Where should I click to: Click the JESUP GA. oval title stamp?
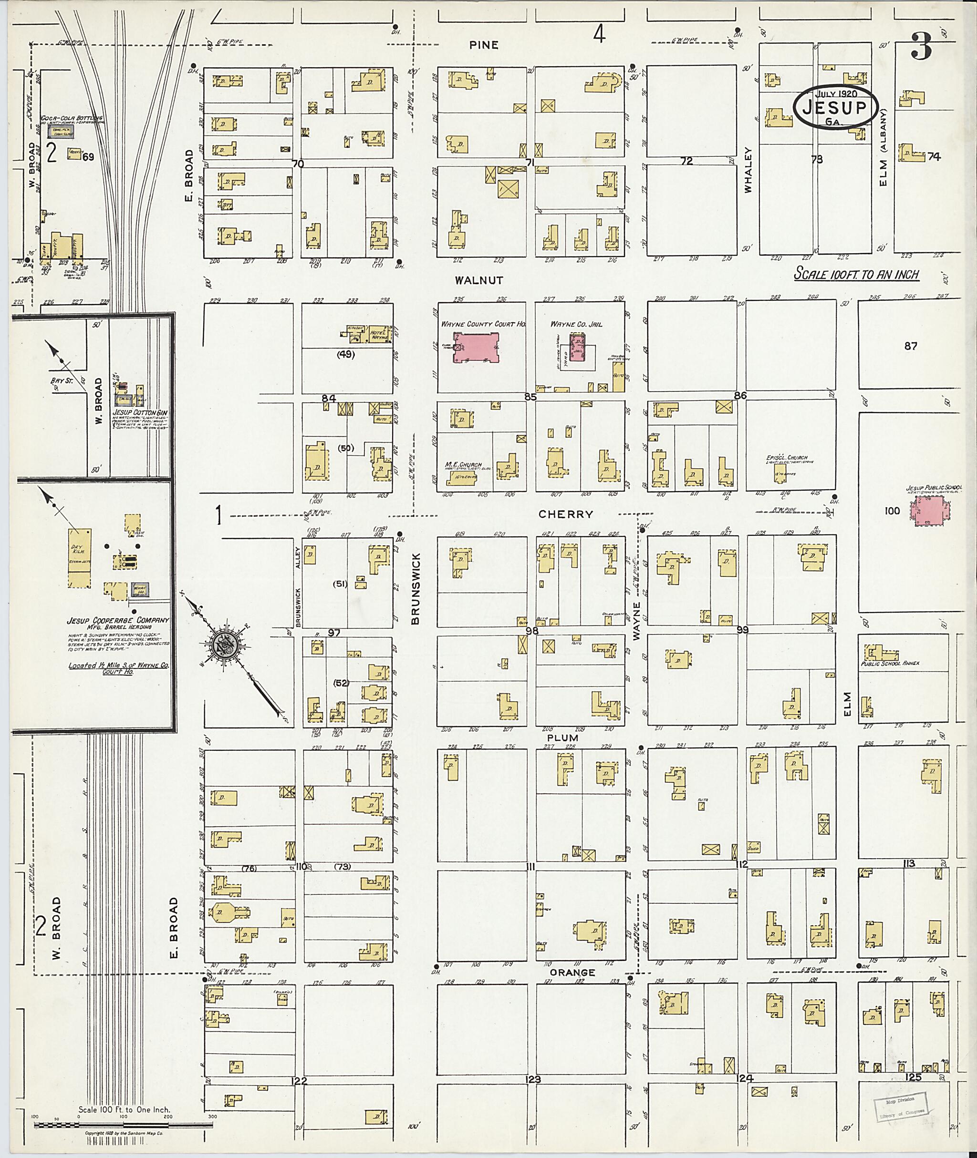tap(836, 107)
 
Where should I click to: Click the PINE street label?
tap(484, 45)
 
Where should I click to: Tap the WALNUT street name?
tap(479, 281)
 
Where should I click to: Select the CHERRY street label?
tap(565, 514)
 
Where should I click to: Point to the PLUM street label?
tap(562, 738)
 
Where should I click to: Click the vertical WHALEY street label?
tap(749, 169)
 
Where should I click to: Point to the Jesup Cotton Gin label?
tap(140, 413)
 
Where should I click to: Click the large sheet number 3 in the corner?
tap(921, 47)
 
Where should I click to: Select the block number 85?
tap(530, 397)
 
